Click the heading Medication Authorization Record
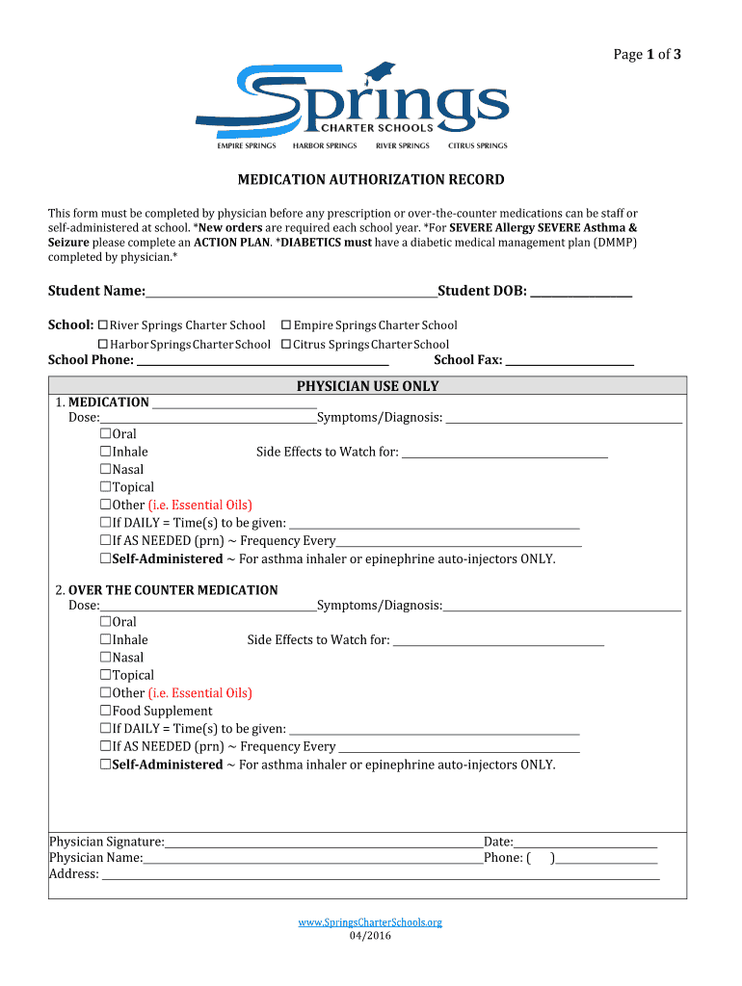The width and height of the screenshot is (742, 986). [x=371, y=180]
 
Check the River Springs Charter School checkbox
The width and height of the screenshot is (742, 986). [x=103, y=325]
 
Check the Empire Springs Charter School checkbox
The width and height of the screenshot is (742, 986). [x=286, y=325]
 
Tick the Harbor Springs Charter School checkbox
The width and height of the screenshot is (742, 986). [x=103, y=345]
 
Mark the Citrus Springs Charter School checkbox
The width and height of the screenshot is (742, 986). [x=286, y=345]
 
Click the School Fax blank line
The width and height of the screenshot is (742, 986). [x=570, y=360]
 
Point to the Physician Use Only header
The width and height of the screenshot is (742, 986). [x=367, y=386]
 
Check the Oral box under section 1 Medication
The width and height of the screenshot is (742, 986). [x=106, y=434]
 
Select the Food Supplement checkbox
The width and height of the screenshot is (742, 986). [x=106, y=712]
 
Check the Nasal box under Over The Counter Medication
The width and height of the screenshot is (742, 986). [x=106, y=658]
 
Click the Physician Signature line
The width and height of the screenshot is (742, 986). [x=323, y=843]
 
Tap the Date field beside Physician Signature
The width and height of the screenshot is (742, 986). [x=585, y=843]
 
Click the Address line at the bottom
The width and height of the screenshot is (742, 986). [x=381, y=874]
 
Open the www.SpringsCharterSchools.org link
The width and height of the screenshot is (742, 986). [x=370, y=922]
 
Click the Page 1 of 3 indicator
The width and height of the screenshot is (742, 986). [x=648, y=55]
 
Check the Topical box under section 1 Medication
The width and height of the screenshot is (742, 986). [x=106, y=487]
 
